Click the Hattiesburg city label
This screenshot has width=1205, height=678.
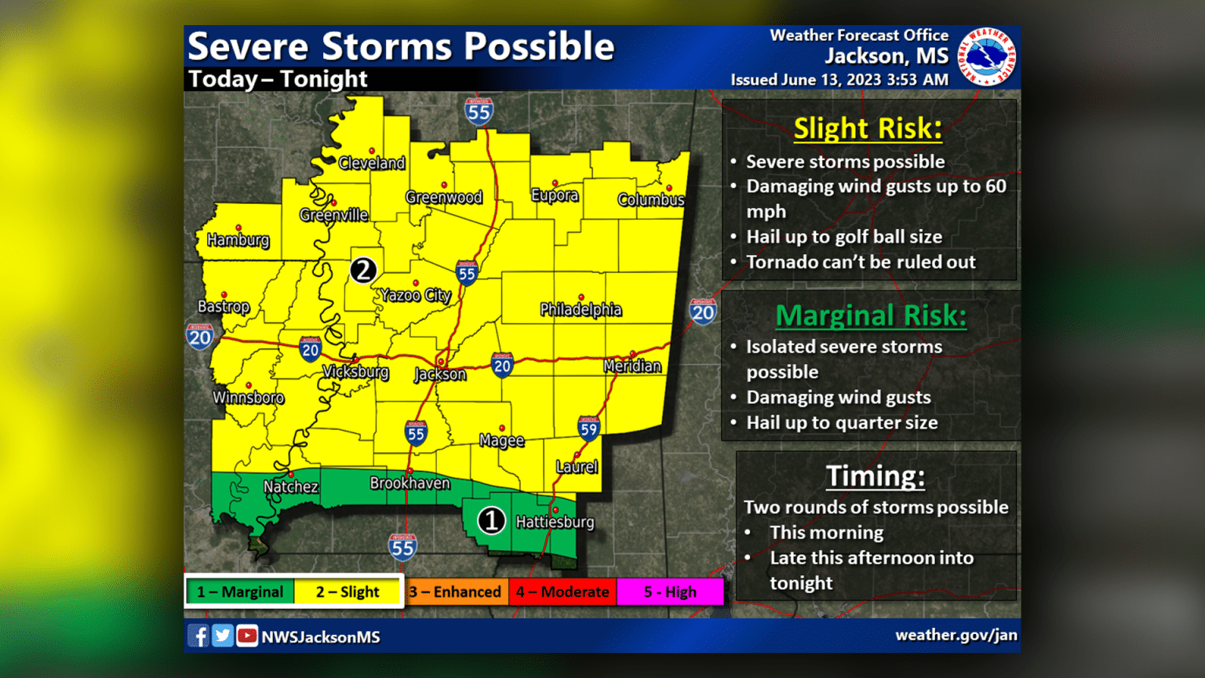point(555,523)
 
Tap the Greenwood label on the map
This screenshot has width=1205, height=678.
point(444,198)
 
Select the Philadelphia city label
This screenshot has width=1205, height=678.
point(581,310)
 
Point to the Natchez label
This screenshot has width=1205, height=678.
point(291,487)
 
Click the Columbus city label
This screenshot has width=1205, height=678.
point(651,200)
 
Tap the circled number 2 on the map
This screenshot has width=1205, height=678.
point(363,270)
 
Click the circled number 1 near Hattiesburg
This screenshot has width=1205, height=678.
point(492,520)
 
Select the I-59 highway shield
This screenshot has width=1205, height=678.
point(588,428)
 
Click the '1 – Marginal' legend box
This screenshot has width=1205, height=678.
point(240,592)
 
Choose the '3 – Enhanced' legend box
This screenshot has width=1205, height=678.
point(455,592)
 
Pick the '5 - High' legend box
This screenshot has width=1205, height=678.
point(670,592)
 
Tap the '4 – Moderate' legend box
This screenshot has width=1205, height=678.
point(562,592)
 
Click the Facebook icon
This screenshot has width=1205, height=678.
point(198,636)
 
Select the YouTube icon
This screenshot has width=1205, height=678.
point(247,636)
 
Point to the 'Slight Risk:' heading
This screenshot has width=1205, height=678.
point(868,129)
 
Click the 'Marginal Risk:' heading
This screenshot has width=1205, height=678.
point(871,315)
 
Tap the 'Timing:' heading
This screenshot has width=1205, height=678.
point(875,476)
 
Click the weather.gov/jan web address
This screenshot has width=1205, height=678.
point(956,636)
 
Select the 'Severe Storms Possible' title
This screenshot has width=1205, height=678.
point(401,47)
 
